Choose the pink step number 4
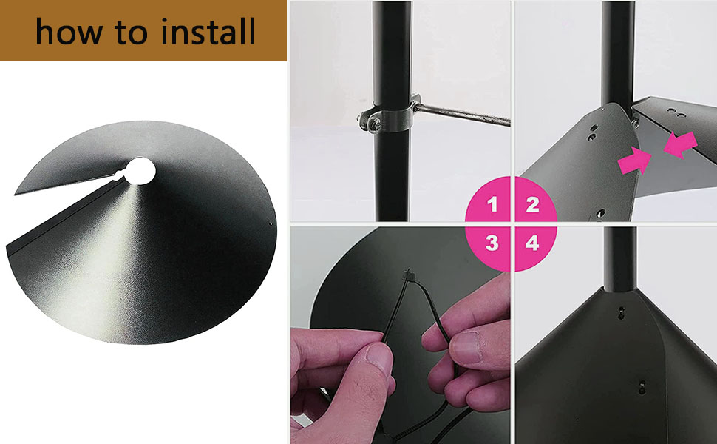tap(532, 242)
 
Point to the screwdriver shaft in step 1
tap(466, 116)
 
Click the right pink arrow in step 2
tap(678, 144)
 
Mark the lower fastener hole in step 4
tap(642, 386)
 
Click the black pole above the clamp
tap(391, 44)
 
